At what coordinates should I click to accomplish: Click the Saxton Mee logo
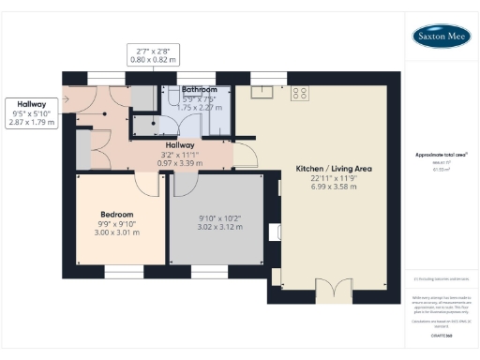(442, 37)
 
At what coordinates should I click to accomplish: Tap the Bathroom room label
(200, 90)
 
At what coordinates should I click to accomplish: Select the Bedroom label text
(117, 214)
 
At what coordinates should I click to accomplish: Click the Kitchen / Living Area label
(335, 168)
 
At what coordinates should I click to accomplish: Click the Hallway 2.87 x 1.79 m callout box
(32, 112)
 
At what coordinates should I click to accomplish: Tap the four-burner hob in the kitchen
(301, 92)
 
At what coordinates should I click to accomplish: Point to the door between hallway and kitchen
(242, 155)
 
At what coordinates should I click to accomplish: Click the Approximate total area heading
(441, 154)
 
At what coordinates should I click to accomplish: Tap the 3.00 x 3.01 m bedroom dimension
(117, 232)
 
